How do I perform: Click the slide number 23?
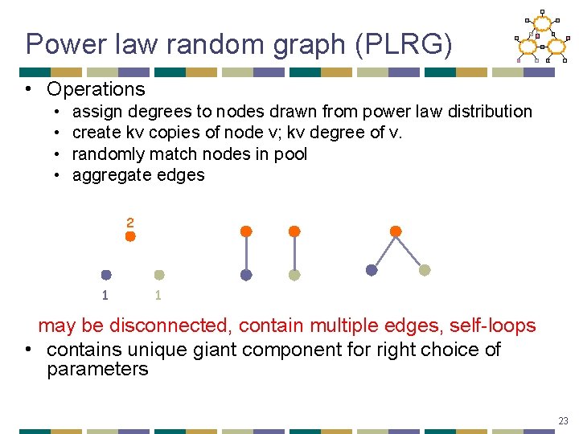(x=564, y=420)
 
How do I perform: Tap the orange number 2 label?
(x=129, y=222)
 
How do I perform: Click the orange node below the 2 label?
(x=130, y=238)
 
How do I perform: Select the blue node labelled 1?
(x=106, y=275)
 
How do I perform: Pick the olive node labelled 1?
(x=159, y=275)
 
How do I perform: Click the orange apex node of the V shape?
(x=396, y=231)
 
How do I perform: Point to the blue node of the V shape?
(x=372, y=271)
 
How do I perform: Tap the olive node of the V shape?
(x=425, y=271)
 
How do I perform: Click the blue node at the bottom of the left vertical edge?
(x=246, y=275)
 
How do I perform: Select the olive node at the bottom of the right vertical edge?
(x=294, y=275)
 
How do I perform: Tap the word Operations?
(x=96, y=89)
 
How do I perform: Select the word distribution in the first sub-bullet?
(x=487, y=111)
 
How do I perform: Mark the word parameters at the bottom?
(x=97, y=370)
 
